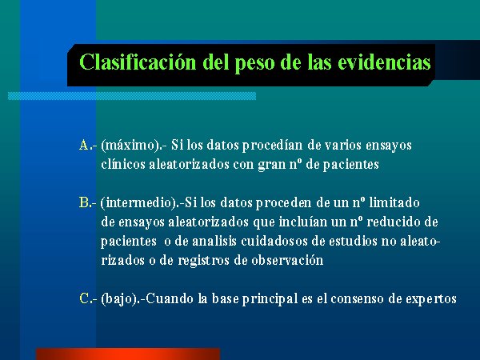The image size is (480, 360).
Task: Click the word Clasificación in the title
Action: point(138,62)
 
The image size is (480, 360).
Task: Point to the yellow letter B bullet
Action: point(83,202)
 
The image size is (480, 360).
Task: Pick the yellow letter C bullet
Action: point(84,298)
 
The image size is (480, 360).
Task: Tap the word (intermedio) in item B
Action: point(138,203)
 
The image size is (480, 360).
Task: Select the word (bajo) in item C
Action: point(118,299)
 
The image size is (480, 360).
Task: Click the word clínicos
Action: point(123,164)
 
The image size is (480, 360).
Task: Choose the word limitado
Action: point(394,202)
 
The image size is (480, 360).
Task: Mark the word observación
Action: point(287,260)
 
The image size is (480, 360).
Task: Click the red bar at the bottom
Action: point(128,354)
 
